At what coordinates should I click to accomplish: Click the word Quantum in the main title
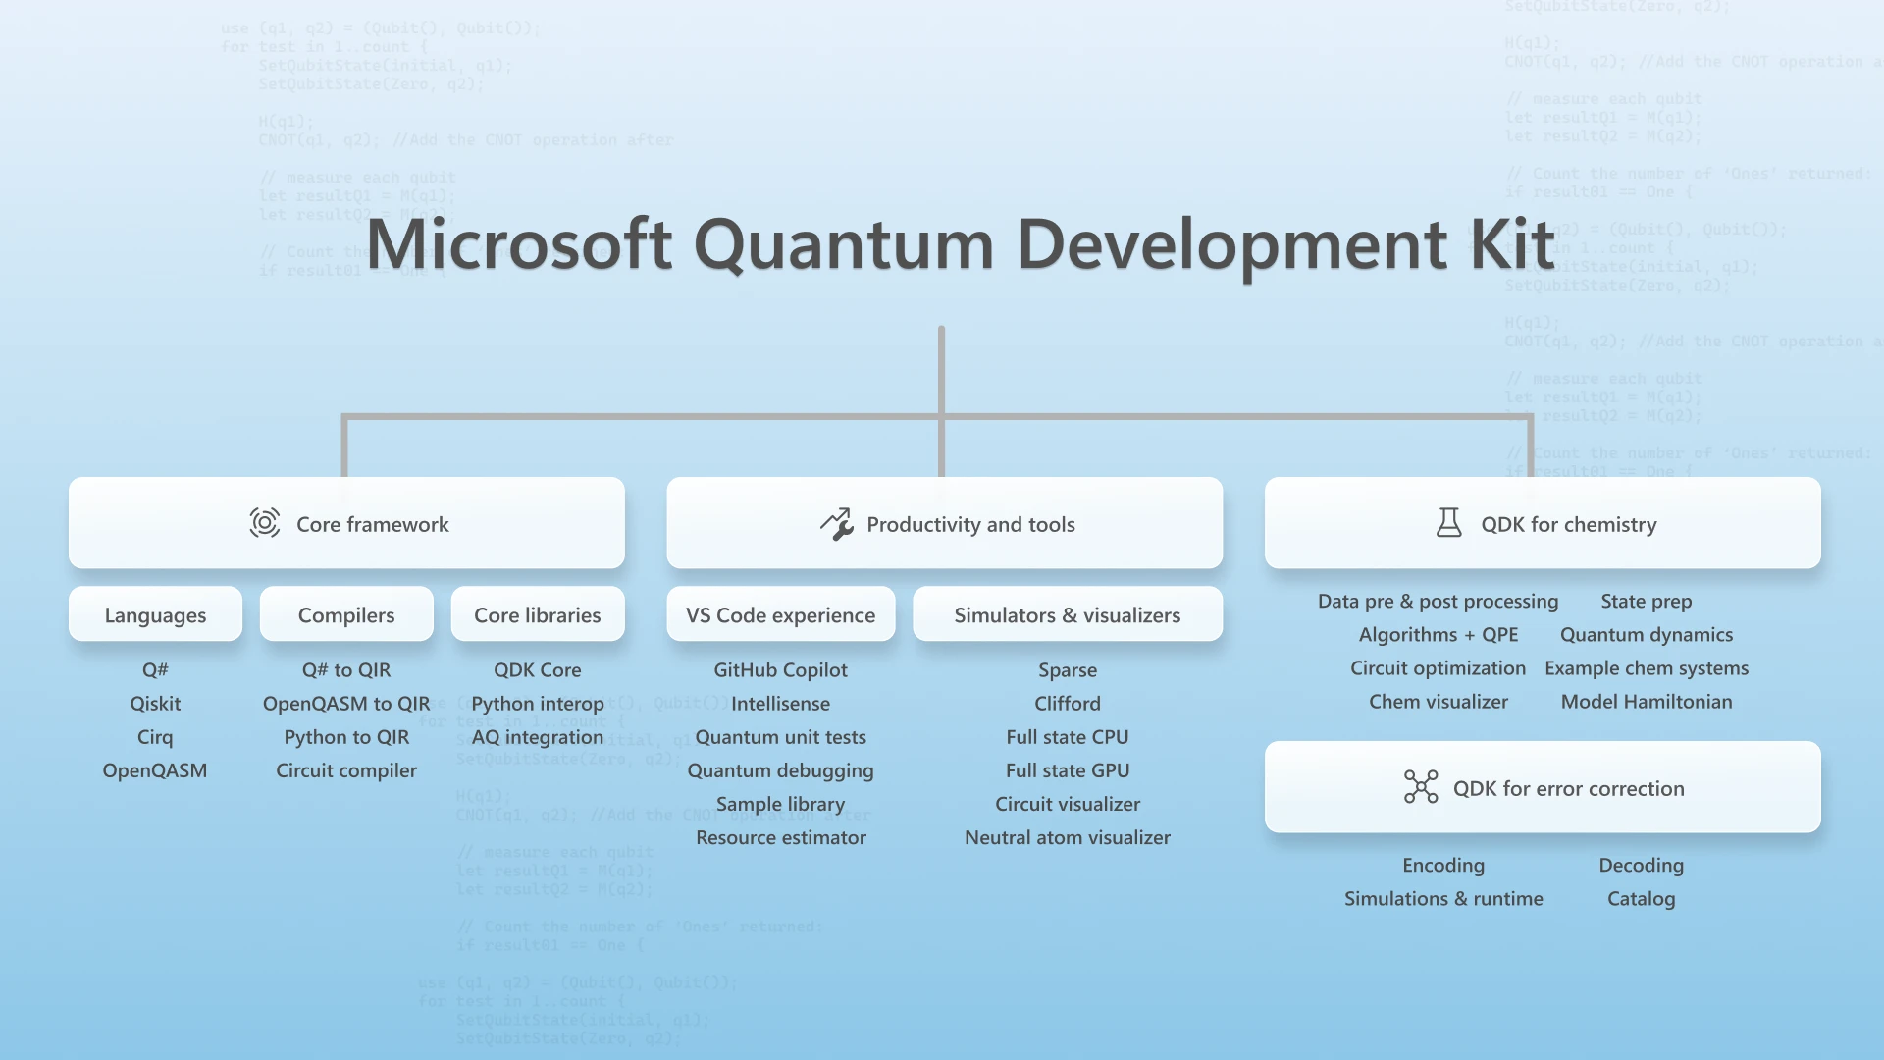pos(844,244)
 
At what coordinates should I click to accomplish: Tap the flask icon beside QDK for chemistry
pos(1448,523)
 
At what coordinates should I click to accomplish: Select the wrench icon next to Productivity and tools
pos(837,524)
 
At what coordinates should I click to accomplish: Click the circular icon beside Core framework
pos(264,523)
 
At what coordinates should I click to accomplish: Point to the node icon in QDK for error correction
pos(1420,787)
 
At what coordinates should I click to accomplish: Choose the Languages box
pos(155,614)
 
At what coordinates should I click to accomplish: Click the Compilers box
pos(346,614)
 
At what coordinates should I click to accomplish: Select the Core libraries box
pos(537,614)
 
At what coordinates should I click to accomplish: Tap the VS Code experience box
pos(780,614)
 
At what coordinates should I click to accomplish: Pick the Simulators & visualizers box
pos(1067,614)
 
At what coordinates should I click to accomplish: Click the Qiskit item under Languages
pos(155,703)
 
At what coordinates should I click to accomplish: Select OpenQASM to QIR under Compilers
pos(346,703)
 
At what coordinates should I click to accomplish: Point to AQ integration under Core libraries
pos(537,736)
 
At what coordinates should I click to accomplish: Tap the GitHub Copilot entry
pos(780,669)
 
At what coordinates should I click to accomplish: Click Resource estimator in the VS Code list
pos(780,837)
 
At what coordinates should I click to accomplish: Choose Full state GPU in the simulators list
pos(1067,770)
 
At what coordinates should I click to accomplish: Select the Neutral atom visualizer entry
pos(1067,837)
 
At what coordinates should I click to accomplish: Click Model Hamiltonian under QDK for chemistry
pos(1646,701)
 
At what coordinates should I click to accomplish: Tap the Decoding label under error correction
pos(1641,865)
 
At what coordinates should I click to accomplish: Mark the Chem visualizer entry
pos(1438,701)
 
